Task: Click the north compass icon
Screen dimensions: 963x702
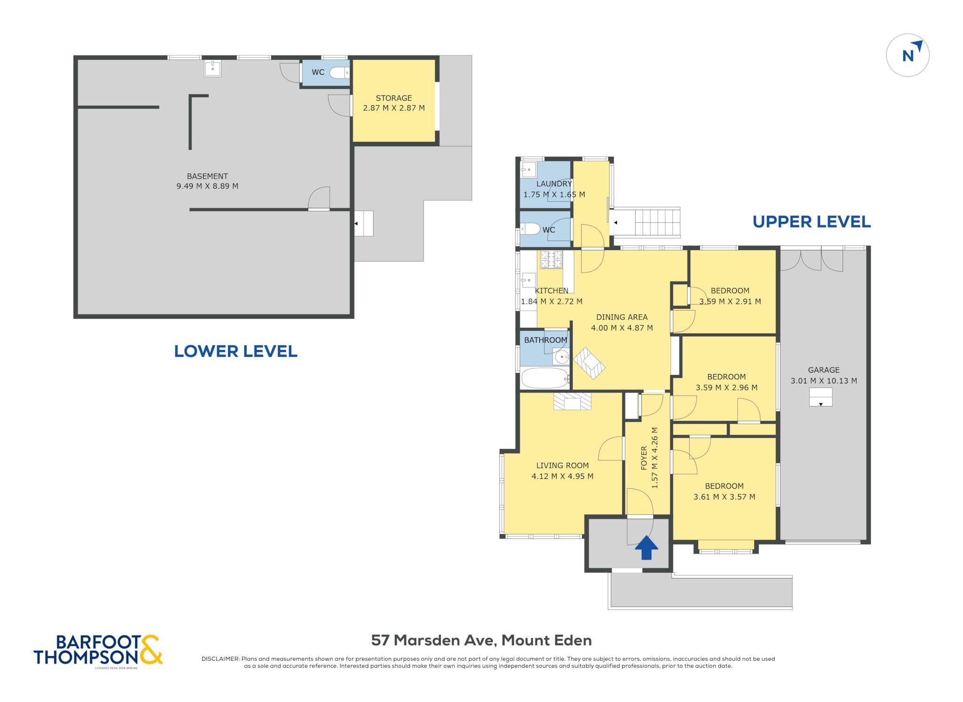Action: pyautogui.click(x=908, y=55)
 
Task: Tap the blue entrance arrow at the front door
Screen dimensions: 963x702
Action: pyautogui.click(x=646, y=547)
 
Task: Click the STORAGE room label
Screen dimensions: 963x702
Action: pyautogui.click(x=394, y=98)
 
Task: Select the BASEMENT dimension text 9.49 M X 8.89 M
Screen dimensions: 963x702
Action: pyautogui.click(x=207, y=186)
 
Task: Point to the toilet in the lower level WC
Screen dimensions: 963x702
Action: pyautogui.click(x=339, y=73)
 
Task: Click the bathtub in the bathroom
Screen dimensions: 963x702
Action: pyautogui.click(x=545, y=378)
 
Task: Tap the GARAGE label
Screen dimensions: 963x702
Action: pyautogui.click(x=824, y=370)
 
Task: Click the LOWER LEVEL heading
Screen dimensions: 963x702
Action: pyautogui.click(x=236, y=351)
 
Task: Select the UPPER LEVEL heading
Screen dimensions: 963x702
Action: pyautogui.click(x=812, y=222)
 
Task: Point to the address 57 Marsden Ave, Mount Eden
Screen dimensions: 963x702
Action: pyautogui.click(x=481, y=640)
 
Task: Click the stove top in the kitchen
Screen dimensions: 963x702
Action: pyautogui.click(x=551, y=259)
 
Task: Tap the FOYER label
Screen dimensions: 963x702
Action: pyautogui.click(x=644, y=458)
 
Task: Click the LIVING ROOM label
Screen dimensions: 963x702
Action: pyautogui.click(x=562, y=466)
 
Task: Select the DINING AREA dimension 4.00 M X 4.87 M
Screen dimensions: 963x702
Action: pyautogui.click(x=622, y=328)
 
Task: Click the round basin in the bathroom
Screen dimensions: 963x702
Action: pyautogui.click(x=561, y=358)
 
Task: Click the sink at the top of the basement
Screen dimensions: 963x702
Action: pyautogui.click(x=213, y=69)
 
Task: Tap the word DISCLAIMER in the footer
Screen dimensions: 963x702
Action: pyautogui.click(x=220, y=659)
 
